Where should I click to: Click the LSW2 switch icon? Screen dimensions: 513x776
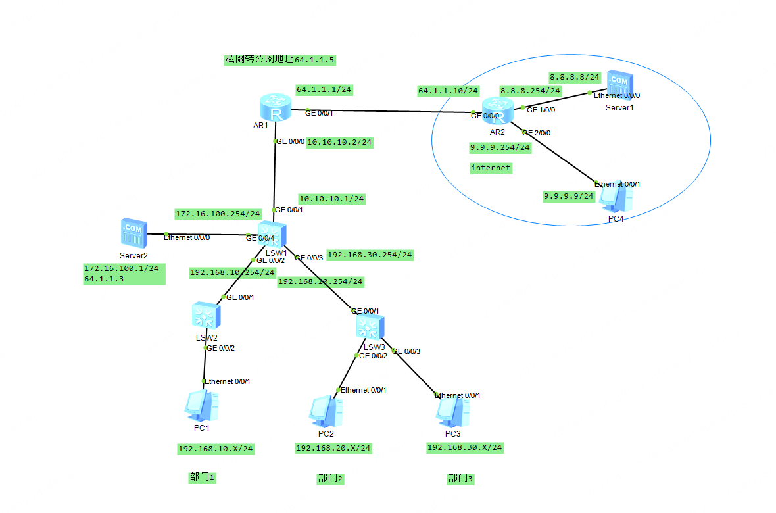206,316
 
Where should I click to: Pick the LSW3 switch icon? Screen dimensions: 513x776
370,326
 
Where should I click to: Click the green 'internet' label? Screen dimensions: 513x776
491,168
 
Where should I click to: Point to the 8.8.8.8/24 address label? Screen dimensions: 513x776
575,77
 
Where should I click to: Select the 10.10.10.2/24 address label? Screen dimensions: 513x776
340,142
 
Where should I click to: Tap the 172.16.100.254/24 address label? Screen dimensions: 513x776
218,214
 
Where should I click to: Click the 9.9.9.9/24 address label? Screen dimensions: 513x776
568,196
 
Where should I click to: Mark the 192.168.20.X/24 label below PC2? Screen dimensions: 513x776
333,448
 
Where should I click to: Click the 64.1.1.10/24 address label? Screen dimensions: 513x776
448,91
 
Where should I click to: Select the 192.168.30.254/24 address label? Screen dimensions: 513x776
370,255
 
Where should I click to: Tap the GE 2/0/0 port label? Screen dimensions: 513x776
536,132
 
